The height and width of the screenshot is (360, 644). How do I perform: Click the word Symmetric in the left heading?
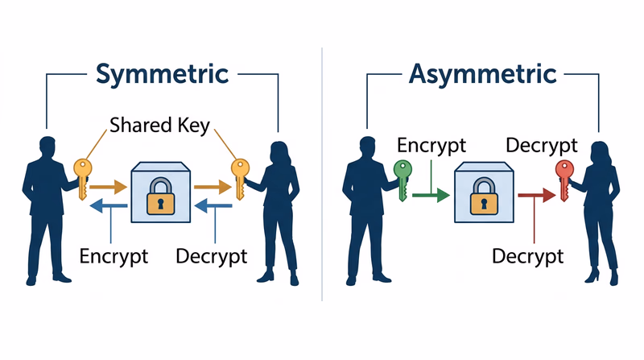[162, 74]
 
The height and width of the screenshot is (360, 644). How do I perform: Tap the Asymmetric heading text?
[483, 74]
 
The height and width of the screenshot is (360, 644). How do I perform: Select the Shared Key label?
[159, 126]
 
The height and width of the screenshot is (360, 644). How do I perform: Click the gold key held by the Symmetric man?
[81, 177]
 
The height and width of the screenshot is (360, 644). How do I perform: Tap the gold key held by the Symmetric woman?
[238, 176]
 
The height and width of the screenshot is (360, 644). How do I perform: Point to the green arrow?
[430, 195]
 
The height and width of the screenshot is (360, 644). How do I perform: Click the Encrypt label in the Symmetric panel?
[114, 256]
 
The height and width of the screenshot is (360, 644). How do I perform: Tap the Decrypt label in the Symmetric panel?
[211, 256]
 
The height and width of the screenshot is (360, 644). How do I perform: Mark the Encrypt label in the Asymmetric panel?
[431, 146]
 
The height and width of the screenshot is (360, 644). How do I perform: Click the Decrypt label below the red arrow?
[526, 256]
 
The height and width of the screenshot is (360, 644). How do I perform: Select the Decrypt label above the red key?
[541, 146]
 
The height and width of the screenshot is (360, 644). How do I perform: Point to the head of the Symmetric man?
[47, 148]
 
